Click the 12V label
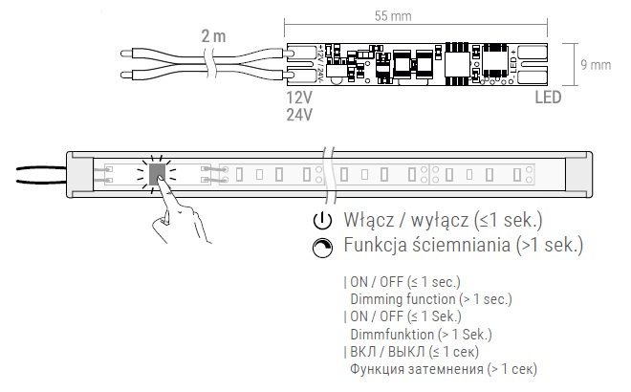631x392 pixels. tap(300, 98)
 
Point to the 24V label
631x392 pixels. tap(300, 115)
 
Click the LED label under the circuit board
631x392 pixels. tap(548, 98)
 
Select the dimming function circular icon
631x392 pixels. tap(321, 247)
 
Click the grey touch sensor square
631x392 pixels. tap(157, 173)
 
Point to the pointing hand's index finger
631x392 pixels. tap(163, 188)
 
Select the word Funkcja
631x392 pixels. tap(379, 247)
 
